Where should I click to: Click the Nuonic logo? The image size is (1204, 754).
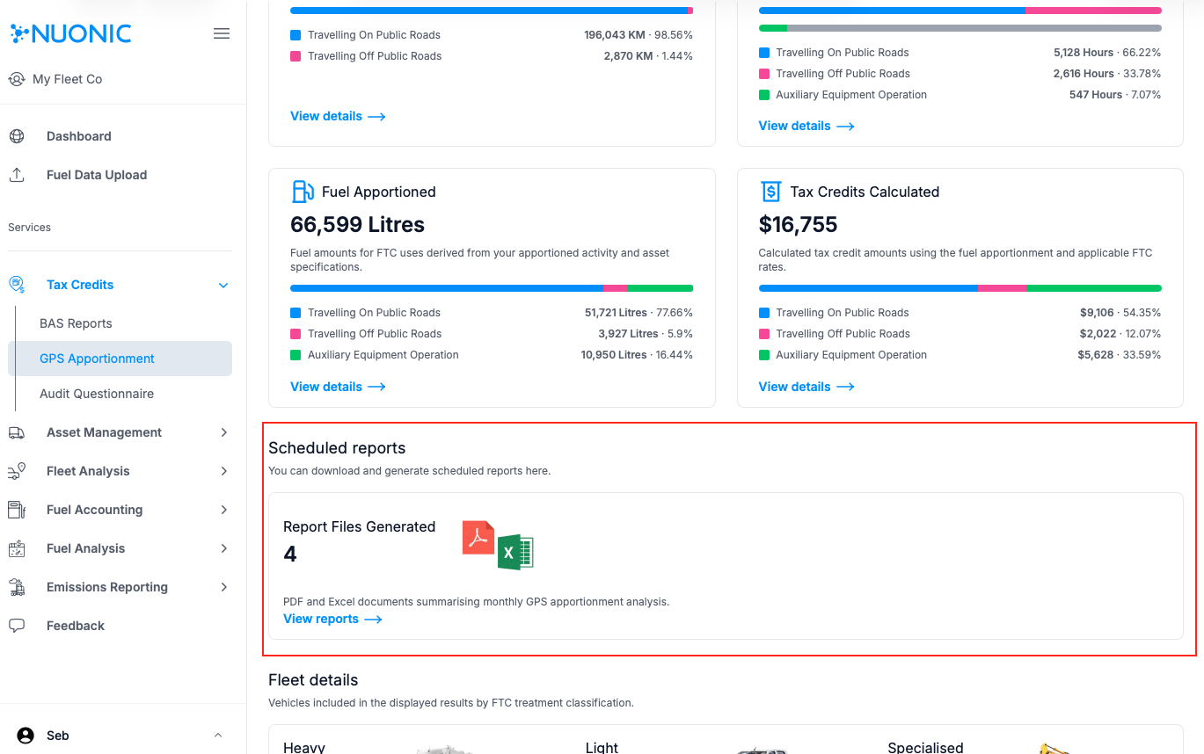[70, 34]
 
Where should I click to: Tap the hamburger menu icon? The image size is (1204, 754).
[222, 34]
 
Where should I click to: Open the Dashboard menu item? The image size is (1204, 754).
[78, 136]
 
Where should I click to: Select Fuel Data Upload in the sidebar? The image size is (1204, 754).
[96, 175]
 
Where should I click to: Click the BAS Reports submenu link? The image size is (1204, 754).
[76, 323]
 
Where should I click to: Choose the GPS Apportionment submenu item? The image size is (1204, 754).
[97, 359]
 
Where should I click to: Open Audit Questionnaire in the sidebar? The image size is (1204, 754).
[97, 394]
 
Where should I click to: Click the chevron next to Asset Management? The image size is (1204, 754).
[223, 432]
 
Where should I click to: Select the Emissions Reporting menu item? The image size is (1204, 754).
[106, 587]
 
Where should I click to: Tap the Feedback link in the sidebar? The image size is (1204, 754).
[75, 626]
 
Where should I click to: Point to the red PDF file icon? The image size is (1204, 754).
[478, 537]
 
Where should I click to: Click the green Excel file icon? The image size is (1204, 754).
[515, 553]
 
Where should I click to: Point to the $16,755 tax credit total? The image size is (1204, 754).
[798, 225]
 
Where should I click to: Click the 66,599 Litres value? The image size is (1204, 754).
[357, 225]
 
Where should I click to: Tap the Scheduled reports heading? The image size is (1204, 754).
[337, 448]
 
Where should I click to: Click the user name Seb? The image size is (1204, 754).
[58, 736]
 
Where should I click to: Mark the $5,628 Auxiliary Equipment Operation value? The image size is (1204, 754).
[1096, 355]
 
